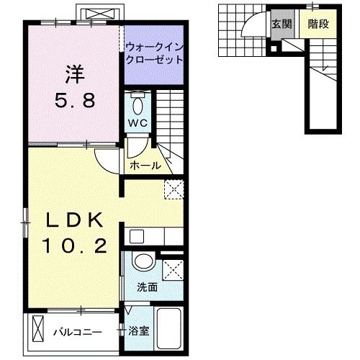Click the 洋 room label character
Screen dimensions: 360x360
coord(75,74)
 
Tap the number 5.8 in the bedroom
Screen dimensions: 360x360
coord(75,101)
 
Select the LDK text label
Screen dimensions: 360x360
coord(75,220)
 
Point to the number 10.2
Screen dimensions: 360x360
coord(75,246)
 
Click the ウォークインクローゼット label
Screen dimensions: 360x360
coord(154,53)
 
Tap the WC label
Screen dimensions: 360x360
coord(138,123)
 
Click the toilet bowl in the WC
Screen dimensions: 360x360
coord(138,107)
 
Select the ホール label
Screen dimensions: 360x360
coord(145,166)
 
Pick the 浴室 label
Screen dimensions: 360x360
coord(138,331)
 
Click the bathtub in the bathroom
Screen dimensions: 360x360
coord(169,328)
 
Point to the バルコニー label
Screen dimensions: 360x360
coord(78,332)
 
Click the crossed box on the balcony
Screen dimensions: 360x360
coord(38,329)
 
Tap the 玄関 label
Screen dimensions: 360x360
coord(282,24)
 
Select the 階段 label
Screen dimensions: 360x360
coord(318,24)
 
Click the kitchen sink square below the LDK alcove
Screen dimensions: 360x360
coord(137,236)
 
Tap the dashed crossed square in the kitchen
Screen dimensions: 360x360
coord(174,189)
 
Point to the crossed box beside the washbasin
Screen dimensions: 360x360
coord(173,270)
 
